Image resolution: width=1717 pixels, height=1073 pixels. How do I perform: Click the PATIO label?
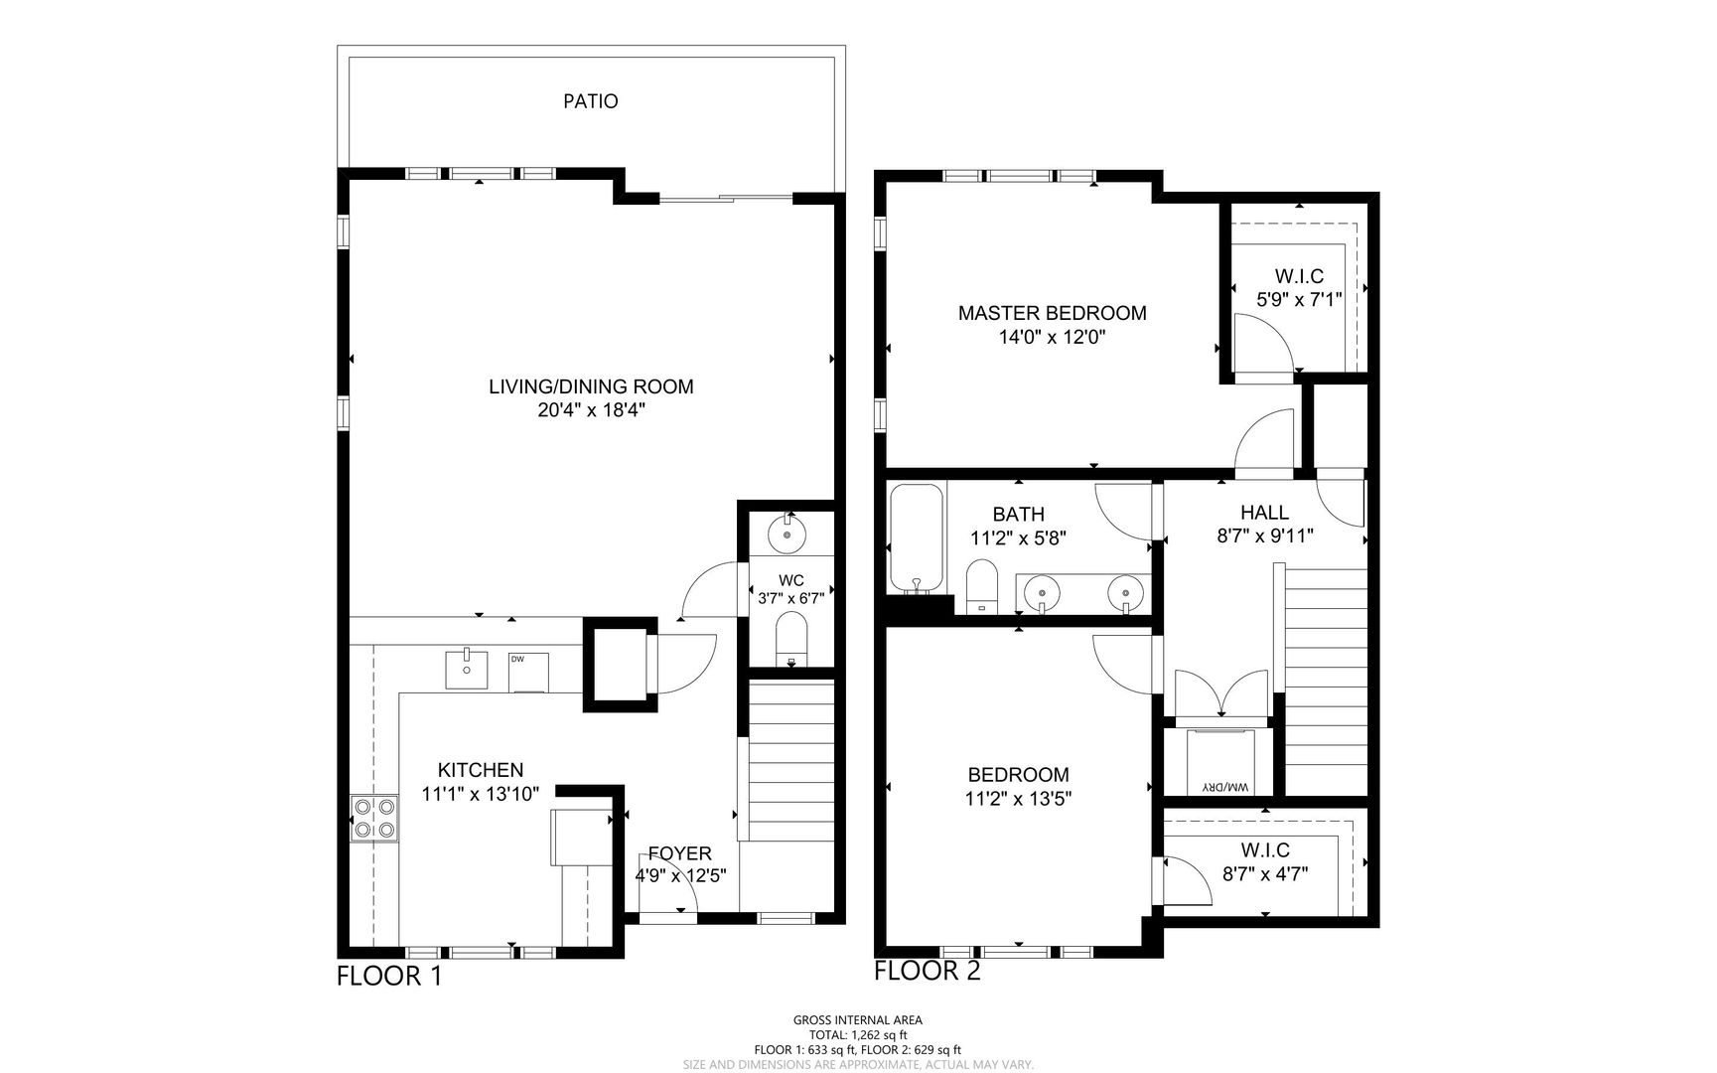tap(591, 101)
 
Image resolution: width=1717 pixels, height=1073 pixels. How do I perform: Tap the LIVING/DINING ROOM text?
tap(591, 386)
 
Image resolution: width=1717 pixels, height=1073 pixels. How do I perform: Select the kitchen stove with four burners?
tap(374, 819)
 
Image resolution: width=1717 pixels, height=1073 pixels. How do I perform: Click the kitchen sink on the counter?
tap(466, 669)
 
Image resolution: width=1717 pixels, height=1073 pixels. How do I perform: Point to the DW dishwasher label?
tap(517, 659)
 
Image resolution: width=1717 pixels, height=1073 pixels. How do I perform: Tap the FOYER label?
tap(680, 853)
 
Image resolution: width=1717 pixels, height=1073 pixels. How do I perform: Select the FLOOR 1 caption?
tap(389, 977)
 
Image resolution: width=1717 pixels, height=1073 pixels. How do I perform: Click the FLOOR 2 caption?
tap(928, 971)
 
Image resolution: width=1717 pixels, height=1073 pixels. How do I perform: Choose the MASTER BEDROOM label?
tap(1053, 313)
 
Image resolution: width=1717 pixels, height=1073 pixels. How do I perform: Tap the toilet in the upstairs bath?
tap(981, 587)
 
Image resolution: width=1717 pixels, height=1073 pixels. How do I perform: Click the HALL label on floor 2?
tap(1265, 513)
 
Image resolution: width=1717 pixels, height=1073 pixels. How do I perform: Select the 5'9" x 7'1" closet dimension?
tap(1299, 297)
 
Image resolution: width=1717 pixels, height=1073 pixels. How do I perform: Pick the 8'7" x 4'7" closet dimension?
tap(1265, 874)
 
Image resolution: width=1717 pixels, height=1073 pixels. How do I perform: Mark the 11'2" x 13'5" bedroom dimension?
tap(1019, 797)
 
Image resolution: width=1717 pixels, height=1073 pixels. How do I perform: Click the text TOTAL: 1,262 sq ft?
tap(858, 1035)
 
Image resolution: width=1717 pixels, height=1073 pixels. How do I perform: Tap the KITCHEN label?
tap(481, 770)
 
